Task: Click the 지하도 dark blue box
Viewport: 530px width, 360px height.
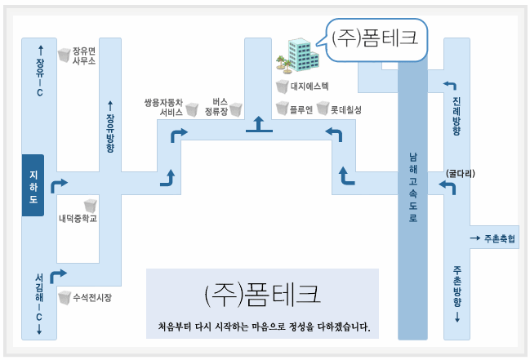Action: click(x=33, y=185)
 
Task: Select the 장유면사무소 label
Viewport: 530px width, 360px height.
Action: click(x=84, y=54)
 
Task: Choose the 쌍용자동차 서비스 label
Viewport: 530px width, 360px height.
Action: click(x=164, y=105)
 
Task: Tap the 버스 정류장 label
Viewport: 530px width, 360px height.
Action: click(x=216, y=105)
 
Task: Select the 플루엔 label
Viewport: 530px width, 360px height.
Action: click(x=301, y=109)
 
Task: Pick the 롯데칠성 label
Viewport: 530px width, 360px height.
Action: click(x=345, y=109)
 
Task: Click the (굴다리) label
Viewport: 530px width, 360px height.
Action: click(x=460, y=173)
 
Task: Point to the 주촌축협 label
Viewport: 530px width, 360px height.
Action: click(x=499, y=238)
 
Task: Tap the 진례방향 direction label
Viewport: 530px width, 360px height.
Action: click(x=456, y=115)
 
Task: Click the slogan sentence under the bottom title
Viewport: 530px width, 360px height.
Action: click(x=264, y=328)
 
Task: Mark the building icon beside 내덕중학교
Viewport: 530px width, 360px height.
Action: click(x=91, y=205)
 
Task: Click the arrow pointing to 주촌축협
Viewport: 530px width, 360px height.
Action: click(x=474, y=238)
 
